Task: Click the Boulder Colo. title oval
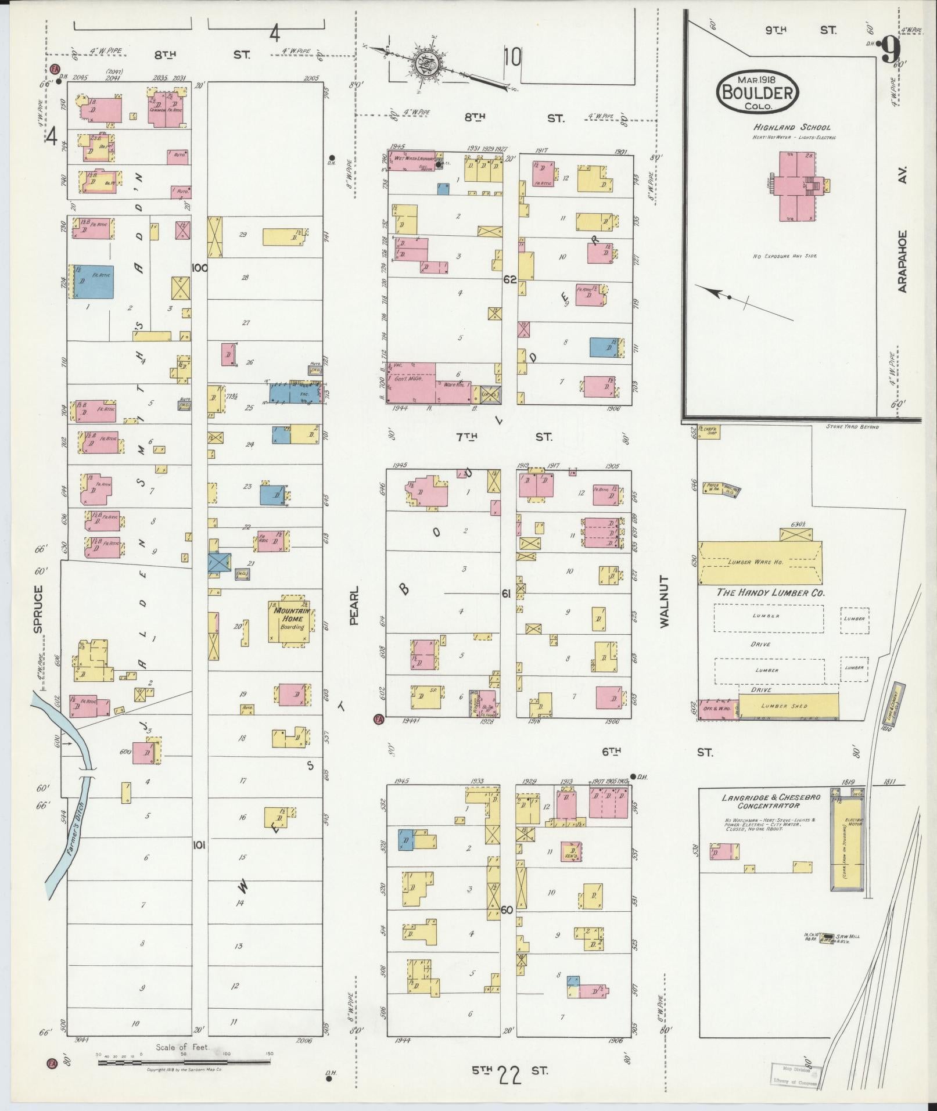[x=758, y=92]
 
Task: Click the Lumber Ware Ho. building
[x=760, y=562]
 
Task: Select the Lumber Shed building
[x=788, y=706]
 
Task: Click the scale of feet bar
[x=184, y=1063]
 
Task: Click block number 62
[x=509, y=279]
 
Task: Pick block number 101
[x=199, y=846]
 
